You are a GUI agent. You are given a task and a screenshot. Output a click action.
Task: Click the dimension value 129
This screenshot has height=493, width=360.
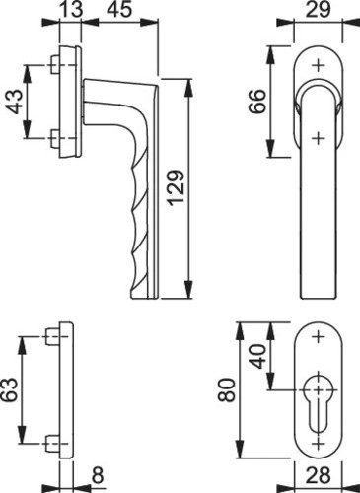(x=176, y=188)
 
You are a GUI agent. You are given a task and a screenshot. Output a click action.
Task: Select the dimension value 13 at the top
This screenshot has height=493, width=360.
(x=71, y=9)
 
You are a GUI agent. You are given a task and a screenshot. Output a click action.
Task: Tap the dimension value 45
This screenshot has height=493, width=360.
(x=119, y=9)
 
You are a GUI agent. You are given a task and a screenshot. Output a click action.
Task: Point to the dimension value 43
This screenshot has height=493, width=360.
(x=15, y=102)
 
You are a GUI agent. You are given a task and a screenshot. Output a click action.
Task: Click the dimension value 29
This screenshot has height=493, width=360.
(x=318, y=9)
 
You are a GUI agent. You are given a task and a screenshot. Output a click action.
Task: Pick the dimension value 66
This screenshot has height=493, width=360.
(x=257, y=102)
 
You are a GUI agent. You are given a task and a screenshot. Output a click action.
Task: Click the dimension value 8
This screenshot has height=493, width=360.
(x=98, y=475)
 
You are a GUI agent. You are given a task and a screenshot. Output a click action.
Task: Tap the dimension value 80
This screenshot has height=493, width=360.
(x=227, y=390)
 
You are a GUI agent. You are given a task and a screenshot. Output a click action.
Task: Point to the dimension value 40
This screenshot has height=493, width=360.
(x=259, y=357)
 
